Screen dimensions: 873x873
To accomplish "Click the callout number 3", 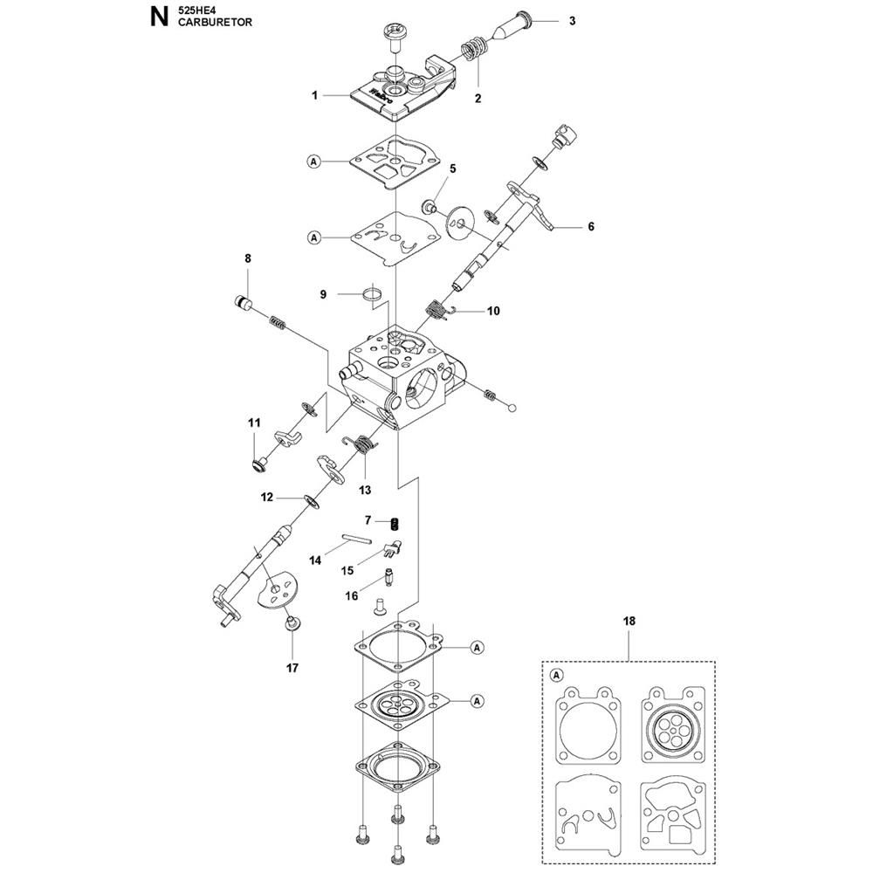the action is pos(572,21).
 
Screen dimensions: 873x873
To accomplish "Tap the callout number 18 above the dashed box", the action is pos(629,621).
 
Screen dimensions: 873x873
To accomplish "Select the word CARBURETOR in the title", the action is pos(215,23).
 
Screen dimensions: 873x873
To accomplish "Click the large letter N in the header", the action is pos(159,17).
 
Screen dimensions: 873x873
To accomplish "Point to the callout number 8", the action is pos(248,258).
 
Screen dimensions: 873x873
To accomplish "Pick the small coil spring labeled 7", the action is pos(395,523).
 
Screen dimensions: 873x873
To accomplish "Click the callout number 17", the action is pos(292,668).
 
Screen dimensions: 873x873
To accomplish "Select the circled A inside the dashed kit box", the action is pos(555,676).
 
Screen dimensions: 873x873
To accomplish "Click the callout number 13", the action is pos(365,490).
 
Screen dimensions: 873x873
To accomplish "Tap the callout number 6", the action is pos(591,227).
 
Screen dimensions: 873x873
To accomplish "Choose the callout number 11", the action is pos(254,423).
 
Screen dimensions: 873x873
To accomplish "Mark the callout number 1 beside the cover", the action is pos(314,96).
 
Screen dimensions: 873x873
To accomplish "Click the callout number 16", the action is pos(351,596).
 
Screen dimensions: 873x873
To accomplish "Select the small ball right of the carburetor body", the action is pos(512,408).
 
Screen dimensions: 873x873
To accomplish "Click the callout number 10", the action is pos(493,311).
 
